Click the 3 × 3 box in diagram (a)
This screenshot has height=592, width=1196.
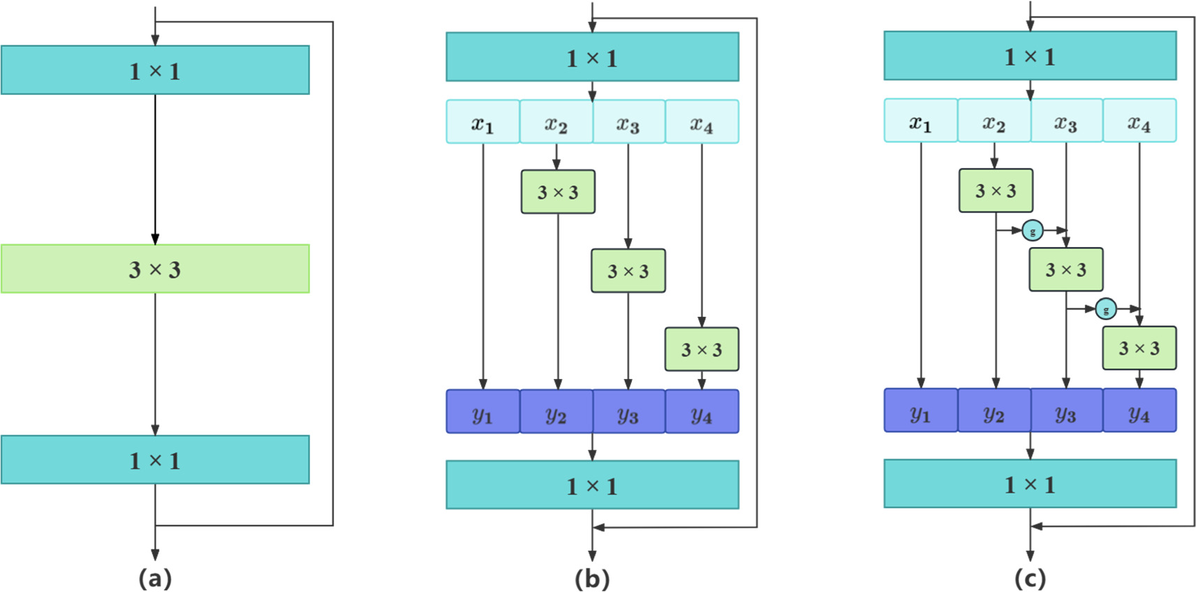[x=155, y=269]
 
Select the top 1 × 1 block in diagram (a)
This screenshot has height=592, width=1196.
[x=155, y=71]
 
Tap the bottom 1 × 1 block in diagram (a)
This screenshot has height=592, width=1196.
[x=155, y=460]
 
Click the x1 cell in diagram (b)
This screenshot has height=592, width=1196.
[x=482, y=122]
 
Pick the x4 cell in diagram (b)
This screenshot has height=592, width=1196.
[x=702, y=122]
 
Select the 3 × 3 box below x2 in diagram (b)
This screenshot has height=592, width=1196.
[x=558, y=192]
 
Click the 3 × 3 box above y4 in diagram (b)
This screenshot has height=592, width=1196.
[x=702, y=349]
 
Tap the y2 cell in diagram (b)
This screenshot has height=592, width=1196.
[x=556, y=412]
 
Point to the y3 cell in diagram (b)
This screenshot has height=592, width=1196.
[x=628, y=412]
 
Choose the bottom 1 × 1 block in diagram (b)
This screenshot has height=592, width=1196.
[x=592, y=485]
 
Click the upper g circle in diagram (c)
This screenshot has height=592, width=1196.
[x=1033, y=230]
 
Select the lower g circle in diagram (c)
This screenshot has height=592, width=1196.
[x=1106, y=309]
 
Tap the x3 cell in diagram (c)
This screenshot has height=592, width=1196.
[x=1066, y=121]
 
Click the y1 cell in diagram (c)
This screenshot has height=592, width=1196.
[x=920, y=410]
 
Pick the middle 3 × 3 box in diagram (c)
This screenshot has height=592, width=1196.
[x=1066, y=269]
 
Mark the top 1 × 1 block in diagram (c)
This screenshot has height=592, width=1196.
[x=1030, y=56]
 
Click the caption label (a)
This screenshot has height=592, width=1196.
[x=155, y=578]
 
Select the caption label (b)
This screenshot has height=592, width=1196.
[x=592, y=578]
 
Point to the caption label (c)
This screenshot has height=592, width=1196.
[x=1030, y=578]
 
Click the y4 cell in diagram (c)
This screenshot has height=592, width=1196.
[x=1139, y=410]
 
